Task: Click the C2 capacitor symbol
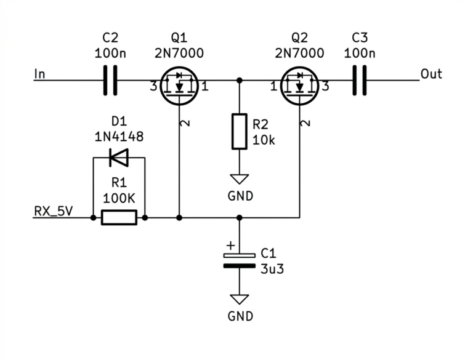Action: point(110,81)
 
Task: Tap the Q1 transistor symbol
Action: point(179,86)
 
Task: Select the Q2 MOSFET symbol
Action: point(299,86)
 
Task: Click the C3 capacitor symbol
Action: point(360,81)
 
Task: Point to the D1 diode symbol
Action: point(119,158)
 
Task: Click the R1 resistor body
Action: point(119,217)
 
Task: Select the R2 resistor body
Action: point(240,132)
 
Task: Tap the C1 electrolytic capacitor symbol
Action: point(239,260)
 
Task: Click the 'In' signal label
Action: point(40,74)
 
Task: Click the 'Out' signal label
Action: point(431,74)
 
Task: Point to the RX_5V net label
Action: point(54,211)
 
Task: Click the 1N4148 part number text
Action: point(119,137)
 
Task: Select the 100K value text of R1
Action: point(119,198)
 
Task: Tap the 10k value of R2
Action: point(264,140)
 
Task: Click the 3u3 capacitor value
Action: point(272,269)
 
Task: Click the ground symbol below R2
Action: point(240,179)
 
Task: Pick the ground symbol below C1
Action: point(240,300)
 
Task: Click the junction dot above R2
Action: point(240,81)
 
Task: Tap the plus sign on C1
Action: point(230,246)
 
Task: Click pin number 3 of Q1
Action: point(153,87)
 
